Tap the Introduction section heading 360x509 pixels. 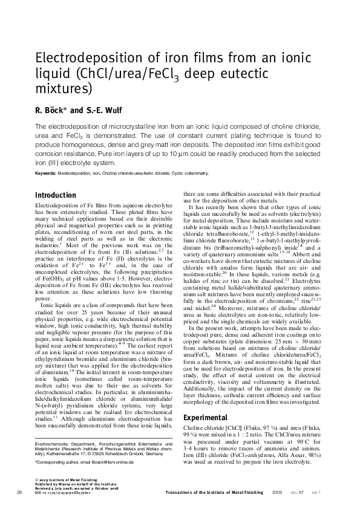click(55, 195)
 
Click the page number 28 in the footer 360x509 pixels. click(19, 493)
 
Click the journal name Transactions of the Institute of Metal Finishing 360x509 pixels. click(215, 493)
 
